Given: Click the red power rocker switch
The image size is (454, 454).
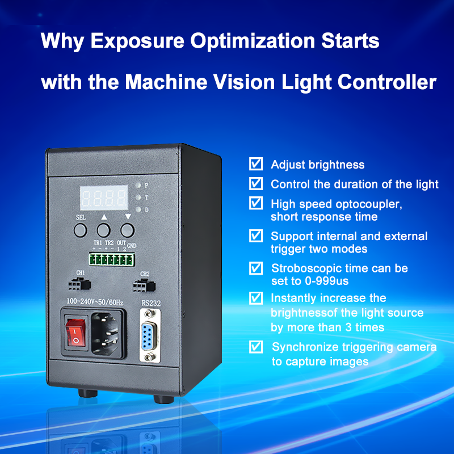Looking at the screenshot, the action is click(76, 333).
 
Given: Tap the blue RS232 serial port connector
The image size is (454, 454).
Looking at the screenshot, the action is click(149, 335).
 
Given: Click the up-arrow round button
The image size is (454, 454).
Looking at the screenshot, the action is click(103, 230).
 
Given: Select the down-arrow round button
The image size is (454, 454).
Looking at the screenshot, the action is click(127, 230).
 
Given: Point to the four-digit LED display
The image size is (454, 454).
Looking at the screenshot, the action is click(104, 197).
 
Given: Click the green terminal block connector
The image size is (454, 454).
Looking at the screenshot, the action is click(112, 259).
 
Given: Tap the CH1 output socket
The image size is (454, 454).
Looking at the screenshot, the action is click(79, 284).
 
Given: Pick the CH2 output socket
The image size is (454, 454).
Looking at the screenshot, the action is click(144, 285).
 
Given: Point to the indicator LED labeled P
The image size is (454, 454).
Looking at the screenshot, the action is click(138, 186).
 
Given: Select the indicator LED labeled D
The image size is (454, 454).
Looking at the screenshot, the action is click(138, 209).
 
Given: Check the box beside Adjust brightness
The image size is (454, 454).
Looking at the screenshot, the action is click(256, 164).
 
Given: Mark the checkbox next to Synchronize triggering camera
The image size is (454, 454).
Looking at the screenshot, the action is click(256, 347).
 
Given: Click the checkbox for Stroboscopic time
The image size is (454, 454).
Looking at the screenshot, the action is click(256, 268).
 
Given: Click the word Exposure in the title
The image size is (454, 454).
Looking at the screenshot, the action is click(137, 41).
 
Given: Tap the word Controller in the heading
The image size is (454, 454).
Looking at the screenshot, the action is click(387, 82).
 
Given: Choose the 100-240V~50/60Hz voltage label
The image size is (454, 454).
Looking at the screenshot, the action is click(95, 302).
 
